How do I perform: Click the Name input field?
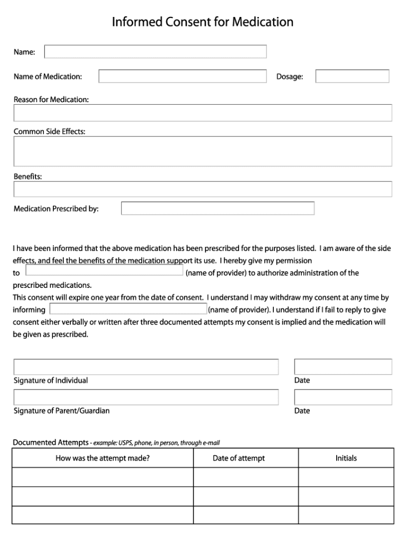click(x=155, y=51)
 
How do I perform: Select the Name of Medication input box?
click(x=182, y=77)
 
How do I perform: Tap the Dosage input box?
click(x=352, y=77)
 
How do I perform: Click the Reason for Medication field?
click(x=202, y=113)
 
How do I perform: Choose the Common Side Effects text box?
click(x=202, y=151)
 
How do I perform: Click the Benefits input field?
click(x=202, y=189)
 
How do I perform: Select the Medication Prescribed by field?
click(x=218, y=209)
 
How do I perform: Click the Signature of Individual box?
click(x=146, y=367)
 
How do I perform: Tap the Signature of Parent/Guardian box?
click(x=146, y=398)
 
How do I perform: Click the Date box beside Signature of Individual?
click(x=343, y=367)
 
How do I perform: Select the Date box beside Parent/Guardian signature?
click(x=343, y=398)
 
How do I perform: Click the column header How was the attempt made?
click(x=103, y=458)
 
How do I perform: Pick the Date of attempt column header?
click(x=239, y=458)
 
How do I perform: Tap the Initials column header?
click(x=346, y=458)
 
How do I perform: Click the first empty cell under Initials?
click(x=346, y=477)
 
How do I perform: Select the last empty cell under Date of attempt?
click(x=246, y=515)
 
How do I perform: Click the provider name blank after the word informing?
click(x=128, y=309)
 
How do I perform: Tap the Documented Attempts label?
click(x=50, y=442)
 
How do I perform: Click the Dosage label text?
click(x=290, y=77)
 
